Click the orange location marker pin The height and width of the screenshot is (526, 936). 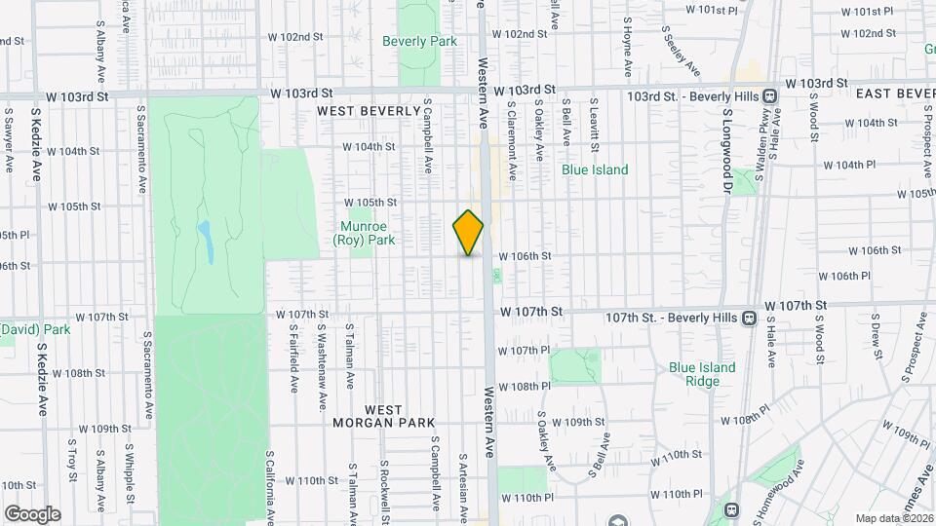(x=468, y=232)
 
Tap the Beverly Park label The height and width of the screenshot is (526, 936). (x=419, y=41)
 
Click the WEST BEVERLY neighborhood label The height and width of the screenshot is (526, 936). (x=368, y=112)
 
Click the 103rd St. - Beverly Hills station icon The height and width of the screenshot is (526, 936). (x=770, y=95)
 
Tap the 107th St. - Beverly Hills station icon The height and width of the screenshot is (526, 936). (x=749, y=318)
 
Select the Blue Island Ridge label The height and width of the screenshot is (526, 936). (x=702, y=374)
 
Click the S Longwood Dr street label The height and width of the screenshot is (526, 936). (x=727, y=152)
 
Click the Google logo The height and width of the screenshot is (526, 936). (x=32, y=513)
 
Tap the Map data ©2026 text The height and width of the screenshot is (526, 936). (x=893, y=518)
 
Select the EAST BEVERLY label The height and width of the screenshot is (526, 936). (x=895, y=93)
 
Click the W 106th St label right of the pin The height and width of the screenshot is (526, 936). (x=526, y=256)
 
